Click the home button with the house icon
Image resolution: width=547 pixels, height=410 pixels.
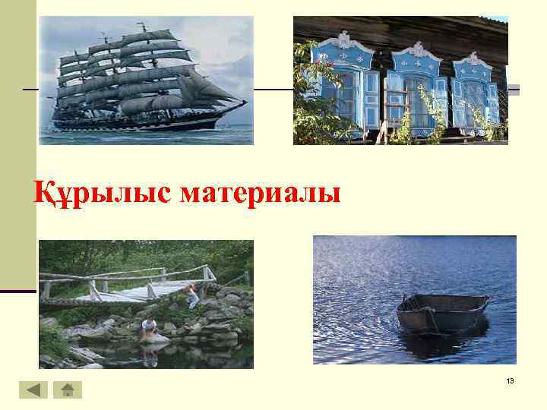pyautogui.click(x=67, y=390)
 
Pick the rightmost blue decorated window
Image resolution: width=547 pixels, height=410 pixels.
pyautogui.click(x=475, y=95)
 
